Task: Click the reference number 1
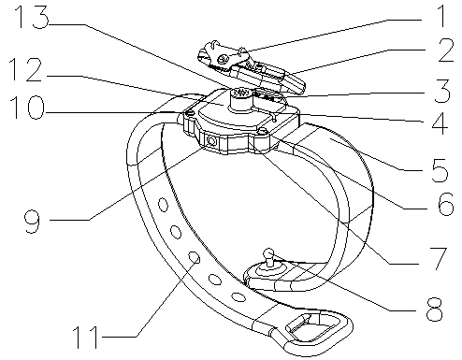(x=441, y=16)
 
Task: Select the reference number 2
(x=446, y=50)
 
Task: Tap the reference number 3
(x=442, y=91)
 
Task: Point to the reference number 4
(x=440, y=123)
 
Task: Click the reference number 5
(x=440, y=170)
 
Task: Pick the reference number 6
(x=446, y=204)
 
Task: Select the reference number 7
(x=439, y=258)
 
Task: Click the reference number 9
(x=33, y=222)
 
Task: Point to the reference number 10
(x=27, y=108)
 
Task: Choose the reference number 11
(x=86, y=338)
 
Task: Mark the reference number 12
(x=25, y=70)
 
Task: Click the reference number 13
(x=32, y=17)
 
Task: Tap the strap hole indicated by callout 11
(x=195, y=257)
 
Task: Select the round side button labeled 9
(x=211, y=141)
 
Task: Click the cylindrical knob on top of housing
(x=240, y=99)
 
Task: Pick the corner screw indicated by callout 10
(x=190, y=113)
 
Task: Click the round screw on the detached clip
(x=224, y=58)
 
